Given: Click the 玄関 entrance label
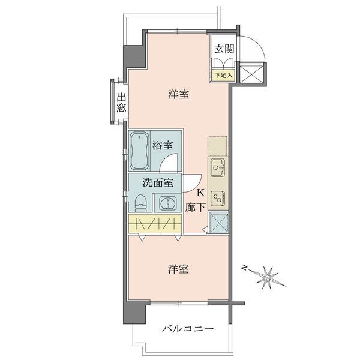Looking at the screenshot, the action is click(224, 49).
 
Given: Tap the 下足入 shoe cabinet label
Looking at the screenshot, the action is click(224, 75).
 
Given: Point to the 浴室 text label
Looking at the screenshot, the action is click(163, 145).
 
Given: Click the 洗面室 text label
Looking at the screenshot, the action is click(158, 183).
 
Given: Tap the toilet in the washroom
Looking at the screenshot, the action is click(140, 203).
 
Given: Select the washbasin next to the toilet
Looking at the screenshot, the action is click(168, 203).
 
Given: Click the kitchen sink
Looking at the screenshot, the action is click(218, 167).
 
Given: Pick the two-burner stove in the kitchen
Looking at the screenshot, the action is click(218, 199).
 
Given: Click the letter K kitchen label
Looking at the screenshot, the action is click(201, 193).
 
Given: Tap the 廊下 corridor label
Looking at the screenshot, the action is click(195, 208).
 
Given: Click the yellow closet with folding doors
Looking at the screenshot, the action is click(155, 223).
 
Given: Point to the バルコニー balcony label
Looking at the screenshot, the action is click(188, 329).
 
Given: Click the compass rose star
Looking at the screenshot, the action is click(268, 278).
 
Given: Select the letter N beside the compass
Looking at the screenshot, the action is click(245, 268).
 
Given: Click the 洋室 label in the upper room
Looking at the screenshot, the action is click(179, 94).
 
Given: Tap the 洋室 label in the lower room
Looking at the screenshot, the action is click(178, 269).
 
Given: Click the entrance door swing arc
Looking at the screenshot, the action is click(258, 44).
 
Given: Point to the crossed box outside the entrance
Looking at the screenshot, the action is click(251, 74).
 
